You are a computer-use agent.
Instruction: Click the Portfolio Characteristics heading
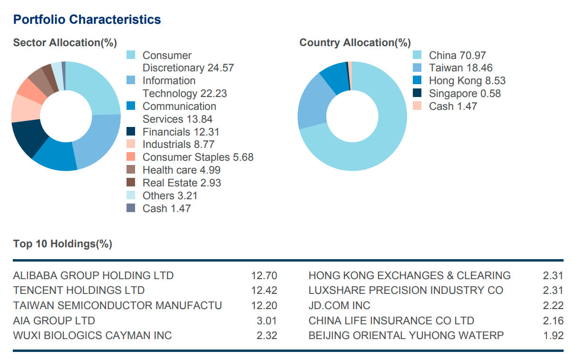(87, 19)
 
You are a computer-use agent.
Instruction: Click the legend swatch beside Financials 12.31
(131, 132)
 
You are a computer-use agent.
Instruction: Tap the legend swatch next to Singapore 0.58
(418, 93)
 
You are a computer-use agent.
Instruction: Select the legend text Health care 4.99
(181, 170)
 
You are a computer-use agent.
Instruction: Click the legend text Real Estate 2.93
(182, 183)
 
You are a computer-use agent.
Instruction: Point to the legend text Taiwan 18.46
(460, 68)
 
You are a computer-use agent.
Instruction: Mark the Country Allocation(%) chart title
(355, 43)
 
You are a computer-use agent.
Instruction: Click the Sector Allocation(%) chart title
(65, 43)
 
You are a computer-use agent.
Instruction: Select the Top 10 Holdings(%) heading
(63, 244)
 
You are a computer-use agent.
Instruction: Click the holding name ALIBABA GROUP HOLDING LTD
(94, 275)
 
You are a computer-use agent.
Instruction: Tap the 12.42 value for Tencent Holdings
(264, 290)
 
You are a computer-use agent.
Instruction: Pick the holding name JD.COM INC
(339, 305)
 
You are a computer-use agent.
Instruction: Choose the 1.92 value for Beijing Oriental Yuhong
(553, 335)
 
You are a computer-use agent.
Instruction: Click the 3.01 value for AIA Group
(266, 321)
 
